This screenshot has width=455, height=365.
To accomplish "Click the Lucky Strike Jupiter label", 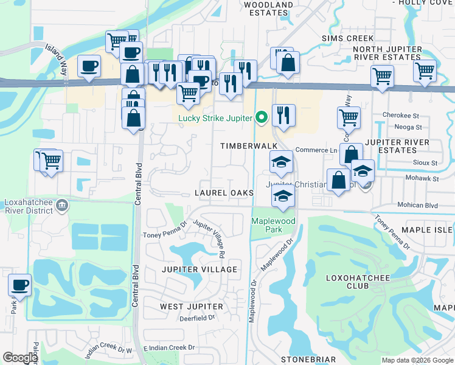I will (215, 117).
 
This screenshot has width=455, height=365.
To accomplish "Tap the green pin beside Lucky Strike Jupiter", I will (262, 117).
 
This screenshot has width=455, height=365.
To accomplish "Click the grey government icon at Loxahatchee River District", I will (61, 207).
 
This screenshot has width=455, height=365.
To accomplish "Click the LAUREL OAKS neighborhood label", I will (223, 193).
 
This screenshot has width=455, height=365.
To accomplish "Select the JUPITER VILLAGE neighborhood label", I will (199, 269).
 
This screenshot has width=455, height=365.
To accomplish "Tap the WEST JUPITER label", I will (191, 306).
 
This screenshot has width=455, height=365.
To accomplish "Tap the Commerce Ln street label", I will (316, 150).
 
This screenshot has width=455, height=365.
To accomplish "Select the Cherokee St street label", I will (401, 115).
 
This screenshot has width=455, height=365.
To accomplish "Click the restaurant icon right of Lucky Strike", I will (283, 114).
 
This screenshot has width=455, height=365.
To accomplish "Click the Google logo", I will (21, 358).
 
